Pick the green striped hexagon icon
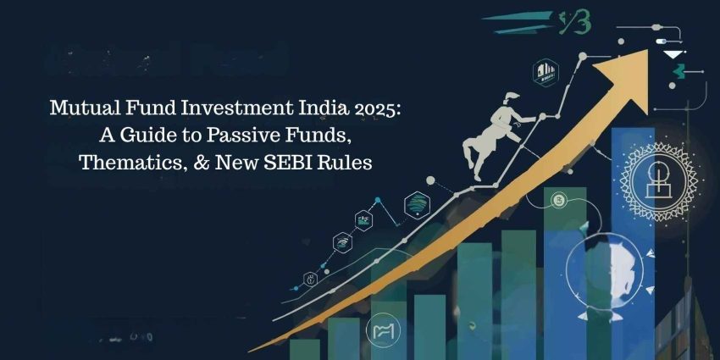(416, 203)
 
